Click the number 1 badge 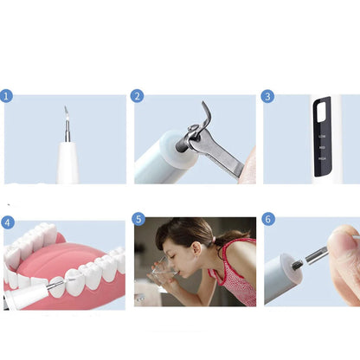tap(8, 96)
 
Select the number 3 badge tap(267, 96)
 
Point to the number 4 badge tap(8, 222)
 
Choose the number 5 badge tap(138, 220)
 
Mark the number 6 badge tap(267, 220)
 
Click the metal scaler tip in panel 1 tap(66, 121)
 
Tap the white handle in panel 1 tap(67, 164)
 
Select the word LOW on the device tap(322, 137)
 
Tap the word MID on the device tap(322, 147)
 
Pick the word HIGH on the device tap(322, 157)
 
